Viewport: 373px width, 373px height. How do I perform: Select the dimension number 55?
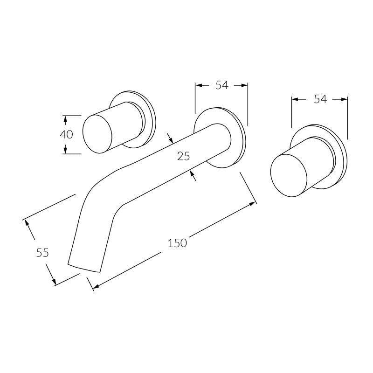click(42, 253)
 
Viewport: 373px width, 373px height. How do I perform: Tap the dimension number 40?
click(66, 134)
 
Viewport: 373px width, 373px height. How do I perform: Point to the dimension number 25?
click(183, 156)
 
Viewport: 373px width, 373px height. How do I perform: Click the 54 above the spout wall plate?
click(221, 85)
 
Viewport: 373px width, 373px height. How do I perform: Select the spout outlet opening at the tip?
click(85, 267)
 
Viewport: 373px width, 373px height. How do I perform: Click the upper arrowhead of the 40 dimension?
click(66, 119)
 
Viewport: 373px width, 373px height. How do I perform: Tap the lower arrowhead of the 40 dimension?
click(66, 150)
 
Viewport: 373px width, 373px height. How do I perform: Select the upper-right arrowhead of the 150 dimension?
click(253, 203)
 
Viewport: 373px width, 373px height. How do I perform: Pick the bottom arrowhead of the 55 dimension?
click(54, 281)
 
